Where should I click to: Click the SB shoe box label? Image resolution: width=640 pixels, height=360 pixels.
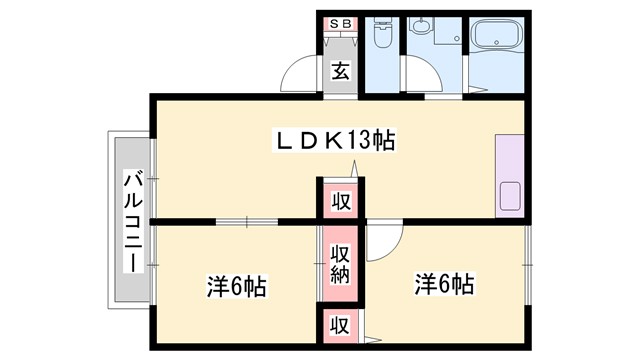coord(341,23)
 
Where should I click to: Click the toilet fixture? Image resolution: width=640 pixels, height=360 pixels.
coord(381,38)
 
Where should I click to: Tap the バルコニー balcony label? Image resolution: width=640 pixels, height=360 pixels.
coord(132,221)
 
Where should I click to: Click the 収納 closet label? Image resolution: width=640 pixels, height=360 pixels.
coord(341,262)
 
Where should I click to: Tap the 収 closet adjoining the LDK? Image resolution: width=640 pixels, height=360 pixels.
coord(341,200)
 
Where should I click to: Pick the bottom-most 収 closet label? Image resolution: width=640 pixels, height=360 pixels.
coord(341,325)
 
